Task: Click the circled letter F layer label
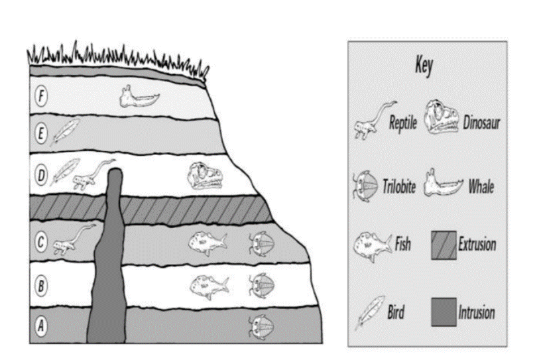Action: point(41,96)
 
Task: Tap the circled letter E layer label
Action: point(41,133)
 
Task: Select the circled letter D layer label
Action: point(41,175)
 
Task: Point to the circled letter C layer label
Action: point(41,241)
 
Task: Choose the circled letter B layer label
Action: point(41,286)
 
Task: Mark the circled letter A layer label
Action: point(41,325)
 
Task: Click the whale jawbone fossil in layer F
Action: point(139,97)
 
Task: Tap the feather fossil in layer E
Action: point(65,132)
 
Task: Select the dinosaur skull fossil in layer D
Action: point(205,176)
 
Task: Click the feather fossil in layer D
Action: point(65,172)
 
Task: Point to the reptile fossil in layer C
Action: point(74,239)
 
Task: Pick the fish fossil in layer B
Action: point(209,287)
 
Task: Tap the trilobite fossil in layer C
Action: point(261,244)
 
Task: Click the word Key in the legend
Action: point(424,66)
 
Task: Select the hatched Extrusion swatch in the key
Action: point(444,245)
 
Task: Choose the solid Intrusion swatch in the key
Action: point(444,312)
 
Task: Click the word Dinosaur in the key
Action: point(481,123)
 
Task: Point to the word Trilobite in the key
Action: point(399,187)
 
